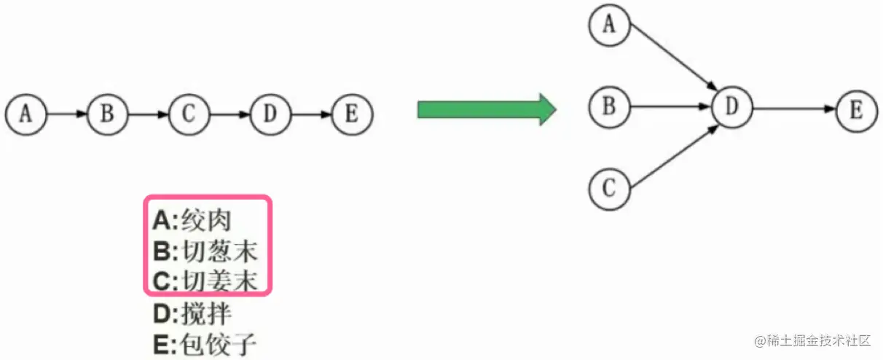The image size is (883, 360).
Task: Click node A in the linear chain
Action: pyautogui.click(x=26, y=114)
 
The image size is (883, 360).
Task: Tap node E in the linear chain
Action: pyautogui.click(x=352, y=114)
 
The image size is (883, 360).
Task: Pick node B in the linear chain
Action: pyautogui.click(x=108, y=114)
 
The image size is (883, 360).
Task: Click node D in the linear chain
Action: pyautogui.click(x=270, y=114)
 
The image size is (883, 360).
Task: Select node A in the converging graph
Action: pyautogui.click(x=609, y=26)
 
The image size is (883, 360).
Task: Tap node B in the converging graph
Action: pyautogui.click(x=609, y=107)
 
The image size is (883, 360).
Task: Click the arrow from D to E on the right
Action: pyautogui.click(x=794, y=109)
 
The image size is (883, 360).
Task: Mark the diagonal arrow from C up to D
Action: pyautogui.click(x=671, y=155)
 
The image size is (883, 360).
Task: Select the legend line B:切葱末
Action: pyautogui.click(x=205, y=251)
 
